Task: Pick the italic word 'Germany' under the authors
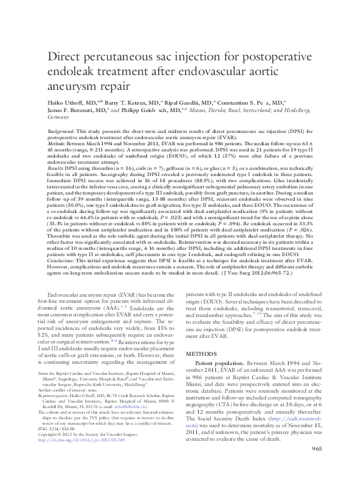pos(58,116)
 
